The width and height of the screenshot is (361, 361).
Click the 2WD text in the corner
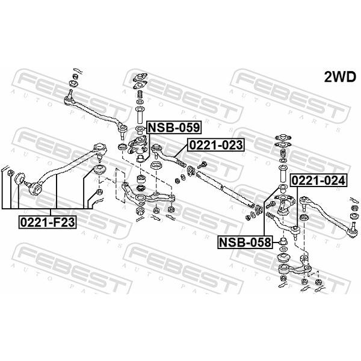(340, 77)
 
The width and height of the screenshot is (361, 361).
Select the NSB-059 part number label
(174, 128)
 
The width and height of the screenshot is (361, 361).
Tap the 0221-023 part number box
(216, 145)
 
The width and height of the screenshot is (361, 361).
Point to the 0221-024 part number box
(319, 180)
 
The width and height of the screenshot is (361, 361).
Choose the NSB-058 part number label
(245, 242)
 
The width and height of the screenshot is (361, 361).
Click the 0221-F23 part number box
(48, 222)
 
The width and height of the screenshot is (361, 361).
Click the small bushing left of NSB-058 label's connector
(283, 241)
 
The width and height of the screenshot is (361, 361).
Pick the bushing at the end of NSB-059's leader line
(140, 158)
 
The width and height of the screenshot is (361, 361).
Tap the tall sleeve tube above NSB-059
(140, 116)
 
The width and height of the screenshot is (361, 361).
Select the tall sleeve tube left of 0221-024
(283, 174)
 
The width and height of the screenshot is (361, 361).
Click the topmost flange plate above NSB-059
(140, 77)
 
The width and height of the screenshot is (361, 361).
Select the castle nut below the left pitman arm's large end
(140, 210)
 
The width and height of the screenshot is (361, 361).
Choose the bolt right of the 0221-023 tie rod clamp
(202, 165)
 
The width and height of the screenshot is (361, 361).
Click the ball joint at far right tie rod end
(353, 233)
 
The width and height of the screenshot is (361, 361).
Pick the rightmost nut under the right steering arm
(318, 282)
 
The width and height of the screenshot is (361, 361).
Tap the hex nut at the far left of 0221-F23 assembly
(10, 173)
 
